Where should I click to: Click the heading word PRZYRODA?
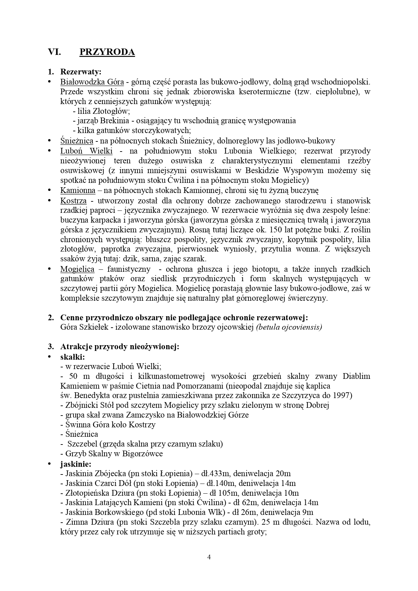tap(107, 52)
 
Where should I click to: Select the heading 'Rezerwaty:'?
tap(81, 72)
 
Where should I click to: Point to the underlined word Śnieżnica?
tap(77, 141)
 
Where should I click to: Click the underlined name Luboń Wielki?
tap(86, 151)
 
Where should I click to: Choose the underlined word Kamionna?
tap(78, 190)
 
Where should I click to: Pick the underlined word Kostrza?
tap(73, 201)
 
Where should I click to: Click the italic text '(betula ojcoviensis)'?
tap(289, 327)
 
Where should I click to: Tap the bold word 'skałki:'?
tap(72, 357)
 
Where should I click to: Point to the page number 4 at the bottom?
tap(209, 557)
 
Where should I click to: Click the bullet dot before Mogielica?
tap(50, 268)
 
